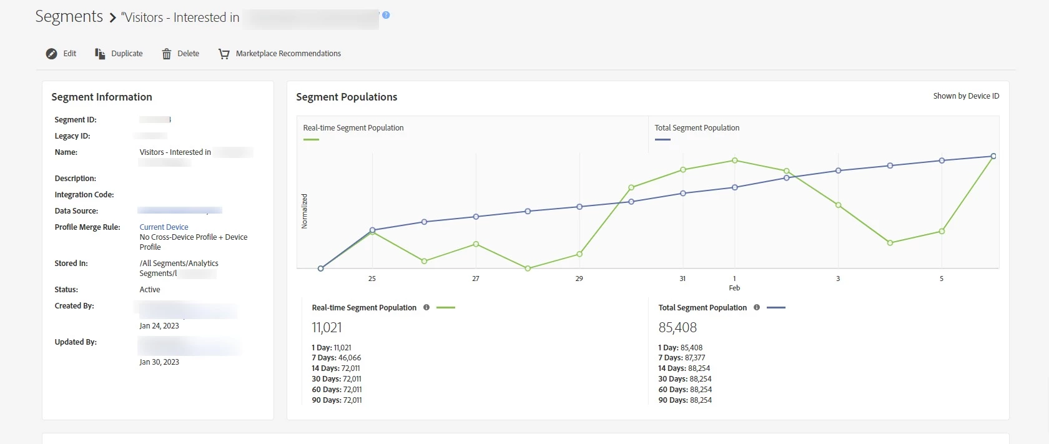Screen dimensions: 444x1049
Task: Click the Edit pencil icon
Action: (x=52, y=54)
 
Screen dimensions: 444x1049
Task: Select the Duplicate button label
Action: (x=127, y=54)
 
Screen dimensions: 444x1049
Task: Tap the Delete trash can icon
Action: (x=167, y=54)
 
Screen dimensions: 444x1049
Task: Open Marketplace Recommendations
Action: (x=288, y=54)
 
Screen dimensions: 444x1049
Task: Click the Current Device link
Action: (x=164, y=227)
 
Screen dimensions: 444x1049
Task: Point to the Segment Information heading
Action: (x=102, y=97)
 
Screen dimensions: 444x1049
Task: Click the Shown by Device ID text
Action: (x=966, y=96)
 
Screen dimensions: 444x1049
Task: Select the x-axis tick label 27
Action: (x=476, y=279)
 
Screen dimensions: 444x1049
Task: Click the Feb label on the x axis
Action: (x=734, y=288)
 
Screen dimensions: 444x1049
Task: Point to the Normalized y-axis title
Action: (x=305, y=211)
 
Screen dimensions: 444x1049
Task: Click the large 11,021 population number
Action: (x=327, y=327)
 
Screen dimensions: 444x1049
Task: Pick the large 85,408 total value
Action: (x=677, y=327)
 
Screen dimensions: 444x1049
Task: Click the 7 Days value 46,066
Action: (x=350, y=358)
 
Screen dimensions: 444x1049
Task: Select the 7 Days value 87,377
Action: (x=695, y=358)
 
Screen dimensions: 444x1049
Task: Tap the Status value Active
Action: (x=150, y=290)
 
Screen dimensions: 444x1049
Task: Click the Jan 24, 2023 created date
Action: (x=159, y=326)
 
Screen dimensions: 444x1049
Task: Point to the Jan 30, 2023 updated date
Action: (x=159, y=362)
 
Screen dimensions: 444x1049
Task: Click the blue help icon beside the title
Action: (x=386, y=15)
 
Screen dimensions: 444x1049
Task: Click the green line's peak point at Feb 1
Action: (x=735, y=160)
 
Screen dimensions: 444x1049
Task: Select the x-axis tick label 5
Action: (x=942, y=279)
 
